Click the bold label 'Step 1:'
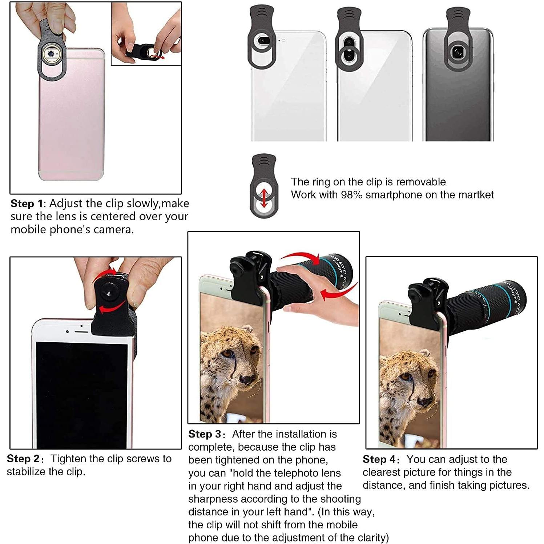click(28, 204)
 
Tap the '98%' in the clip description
click(351, 195)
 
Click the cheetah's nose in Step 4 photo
click(424, 402)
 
